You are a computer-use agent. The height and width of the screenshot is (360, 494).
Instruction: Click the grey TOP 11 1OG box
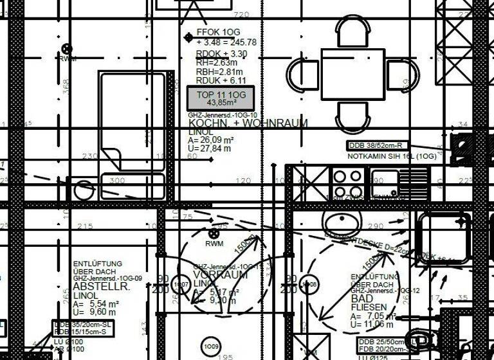[221, 98]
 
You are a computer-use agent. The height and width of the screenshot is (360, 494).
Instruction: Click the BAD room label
[362, 300]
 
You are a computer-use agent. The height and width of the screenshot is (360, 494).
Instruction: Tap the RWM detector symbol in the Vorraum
[214, 234]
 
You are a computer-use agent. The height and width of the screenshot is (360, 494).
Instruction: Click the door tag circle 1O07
[182, 284]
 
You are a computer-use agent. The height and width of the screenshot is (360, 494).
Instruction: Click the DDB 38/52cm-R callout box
[378, 146]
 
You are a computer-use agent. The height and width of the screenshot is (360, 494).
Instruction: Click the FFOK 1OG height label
[218, 32]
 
